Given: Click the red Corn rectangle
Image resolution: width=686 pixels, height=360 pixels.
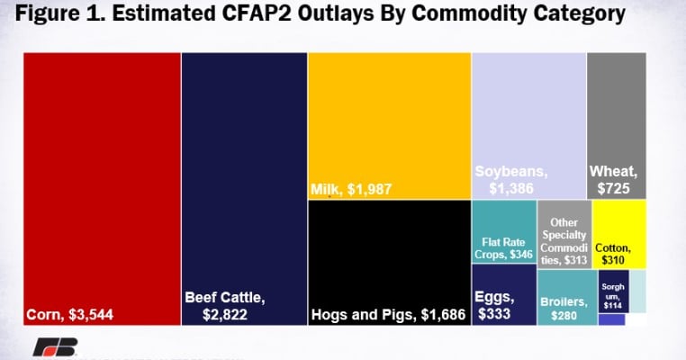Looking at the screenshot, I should point(102,180).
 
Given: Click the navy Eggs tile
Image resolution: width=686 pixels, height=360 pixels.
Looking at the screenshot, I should point(503,297).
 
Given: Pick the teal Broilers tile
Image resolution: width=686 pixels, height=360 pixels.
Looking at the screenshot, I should point(565,297).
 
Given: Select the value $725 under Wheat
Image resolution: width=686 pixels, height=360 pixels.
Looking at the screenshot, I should point(616,189).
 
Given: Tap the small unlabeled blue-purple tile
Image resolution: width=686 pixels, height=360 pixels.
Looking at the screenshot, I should point(610,319).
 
